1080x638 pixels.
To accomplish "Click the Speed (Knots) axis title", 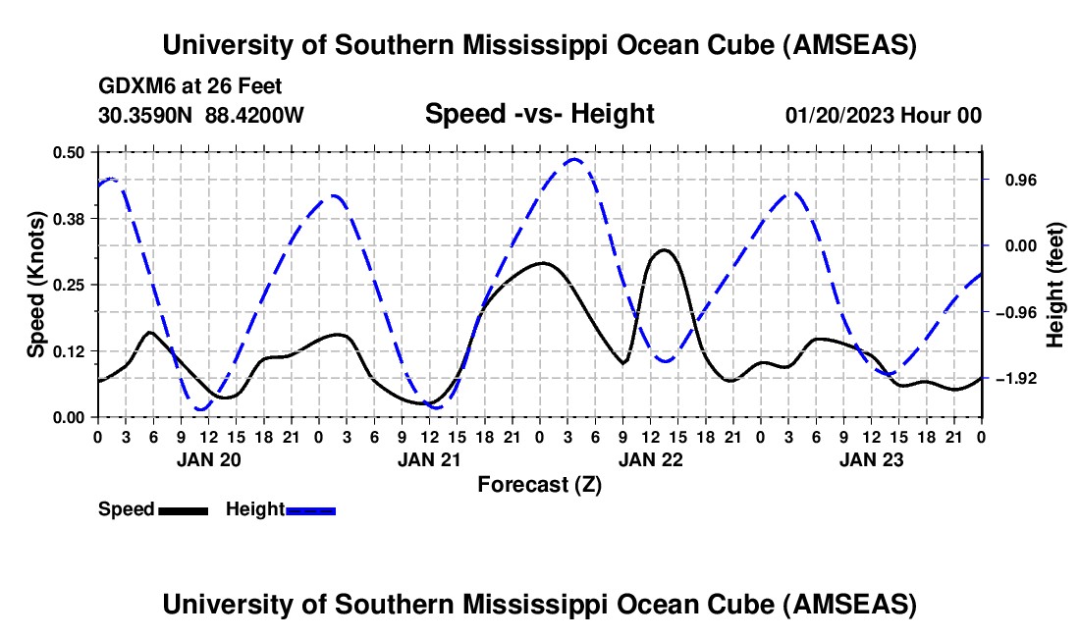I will (36, 285).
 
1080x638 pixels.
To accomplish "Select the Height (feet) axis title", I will (1055, 285).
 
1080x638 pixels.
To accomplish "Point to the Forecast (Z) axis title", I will (539, 484).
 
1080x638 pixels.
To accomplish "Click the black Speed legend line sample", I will (183, 509).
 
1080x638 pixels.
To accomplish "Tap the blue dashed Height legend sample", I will (310, 509).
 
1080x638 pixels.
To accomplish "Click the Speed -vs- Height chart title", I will (539, 115).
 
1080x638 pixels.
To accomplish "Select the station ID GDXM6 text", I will (133, 86).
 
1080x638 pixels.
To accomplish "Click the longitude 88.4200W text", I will (255, 116).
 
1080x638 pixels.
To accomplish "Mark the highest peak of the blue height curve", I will (573, 159).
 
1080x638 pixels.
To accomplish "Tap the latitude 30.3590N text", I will (146, 116).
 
